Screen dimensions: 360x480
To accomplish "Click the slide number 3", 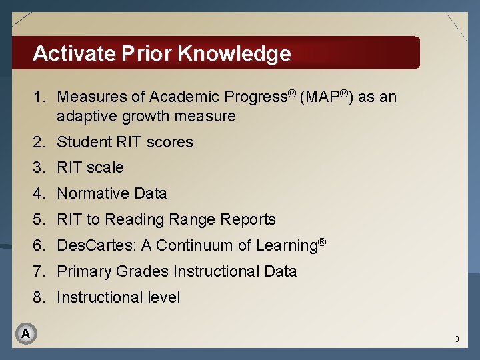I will [457, 339].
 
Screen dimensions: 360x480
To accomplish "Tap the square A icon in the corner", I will [25, 333].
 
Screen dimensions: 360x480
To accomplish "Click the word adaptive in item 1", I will [87, 117].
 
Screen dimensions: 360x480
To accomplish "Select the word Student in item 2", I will [82, 142].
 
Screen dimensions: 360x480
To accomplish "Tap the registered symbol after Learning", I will [321, 241].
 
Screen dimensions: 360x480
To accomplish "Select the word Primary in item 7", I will [84, 272].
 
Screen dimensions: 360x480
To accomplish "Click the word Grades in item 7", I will [142, 272].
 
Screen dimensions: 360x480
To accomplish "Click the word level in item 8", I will [164, 298].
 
